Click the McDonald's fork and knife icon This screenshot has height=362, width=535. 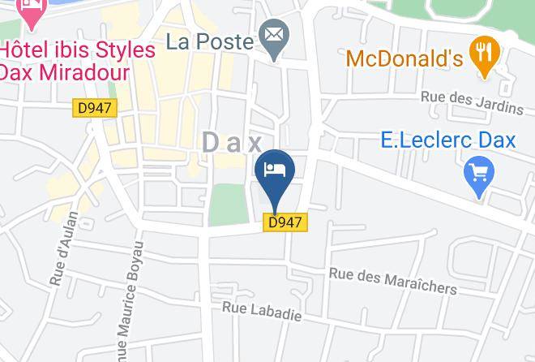coord(485,55)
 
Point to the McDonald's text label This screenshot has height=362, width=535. coord(404,58)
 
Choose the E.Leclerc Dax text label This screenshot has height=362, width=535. coord(447,140)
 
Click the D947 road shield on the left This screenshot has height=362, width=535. coord(95,107)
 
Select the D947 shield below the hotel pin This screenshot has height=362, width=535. coord(286,222)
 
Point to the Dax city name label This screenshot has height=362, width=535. coord(232,143)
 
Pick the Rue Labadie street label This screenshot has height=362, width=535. coord(262,311)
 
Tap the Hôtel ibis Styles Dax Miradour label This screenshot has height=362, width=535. coord(77,60)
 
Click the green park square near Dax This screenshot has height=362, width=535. coord(227,205)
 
